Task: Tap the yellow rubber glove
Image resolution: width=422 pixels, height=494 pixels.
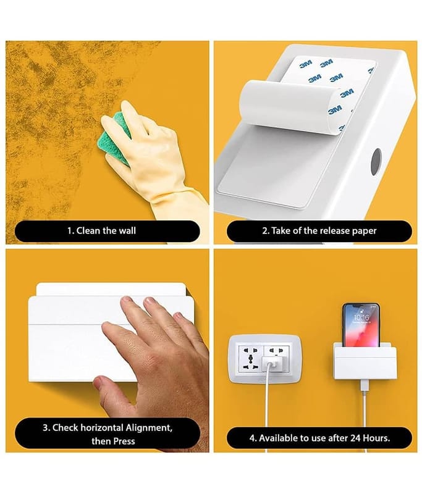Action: point(154,161)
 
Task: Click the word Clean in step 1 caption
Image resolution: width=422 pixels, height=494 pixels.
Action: point(88,230)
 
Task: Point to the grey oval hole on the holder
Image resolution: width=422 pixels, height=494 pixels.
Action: point(376,162)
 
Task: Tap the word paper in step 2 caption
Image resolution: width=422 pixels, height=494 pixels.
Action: point(364,231)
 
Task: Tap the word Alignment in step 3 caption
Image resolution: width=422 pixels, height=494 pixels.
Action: point(149,428)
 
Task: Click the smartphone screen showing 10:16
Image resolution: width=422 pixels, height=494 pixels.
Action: point(361,325)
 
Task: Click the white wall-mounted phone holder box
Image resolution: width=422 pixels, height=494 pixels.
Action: point(365,361)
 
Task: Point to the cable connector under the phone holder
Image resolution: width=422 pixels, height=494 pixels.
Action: point(365,387)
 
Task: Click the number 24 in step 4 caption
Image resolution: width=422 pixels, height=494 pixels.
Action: point(355,438)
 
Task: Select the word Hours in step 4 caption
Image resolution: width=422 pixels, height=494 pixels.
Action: point(376,438)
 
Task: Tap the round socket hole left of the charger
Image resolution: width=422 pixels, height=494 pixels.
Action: point(250,358)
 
